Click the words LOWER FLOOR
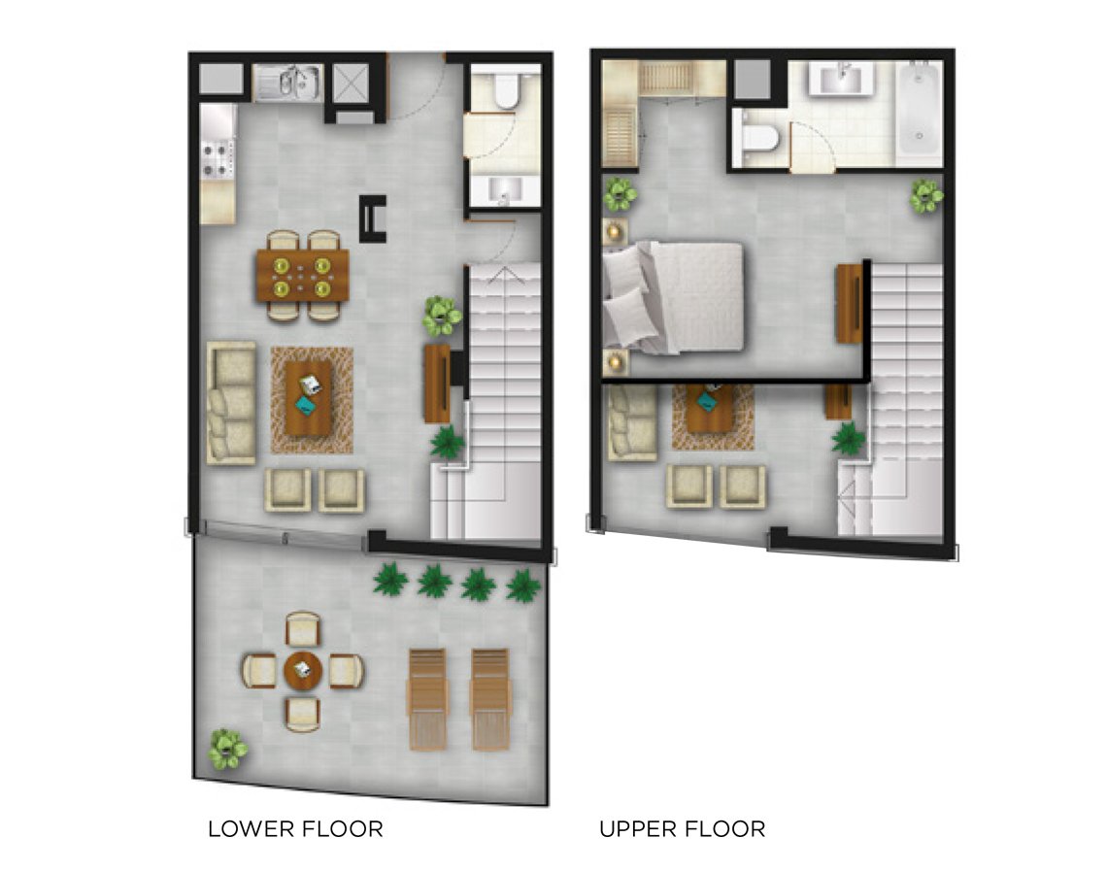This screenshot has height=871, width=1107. coord(296,828)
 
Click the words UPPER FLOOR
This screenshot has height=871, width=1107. coord(683,828)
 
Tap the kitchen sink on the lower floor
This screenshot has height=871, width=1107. coord(288,84)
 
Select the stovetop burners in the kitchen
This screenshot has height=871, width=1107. coord(218,159)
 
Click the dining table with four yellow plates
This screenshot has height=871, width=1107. coord(302,275)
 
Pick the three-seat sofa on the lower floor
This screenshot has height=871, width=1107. coord(231,403)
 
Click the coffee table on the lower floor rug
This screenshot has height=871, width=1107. coord(309,399)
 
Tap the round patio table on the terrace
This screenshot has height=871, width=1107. coord(303,671)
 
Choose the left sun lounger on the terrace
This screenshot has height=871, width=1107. coord(427,699)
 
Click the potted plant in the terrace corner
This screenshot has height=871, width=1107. coord(227,750)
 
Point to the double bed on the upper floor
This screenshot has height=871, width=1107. coord(674,296)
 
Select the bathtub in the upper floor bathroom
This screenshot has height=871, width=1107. coord(920,109)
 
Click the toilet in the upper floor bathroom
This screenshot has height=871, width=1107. coord(756,138)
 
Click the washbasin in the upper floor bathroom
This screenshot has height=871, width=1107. coord(841,78)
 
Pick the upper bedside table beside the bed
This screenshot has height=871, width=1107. coord(614,230)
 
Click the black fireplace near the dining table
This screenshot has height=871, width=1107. coord(373,218)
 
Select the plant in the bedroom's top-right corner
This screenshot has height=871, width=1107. coord(925,196)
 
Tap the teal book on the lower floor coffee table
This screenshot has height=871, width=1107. coord(307,405)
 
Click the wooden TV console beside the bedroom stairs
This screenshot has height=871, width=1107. coord(850,304)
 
